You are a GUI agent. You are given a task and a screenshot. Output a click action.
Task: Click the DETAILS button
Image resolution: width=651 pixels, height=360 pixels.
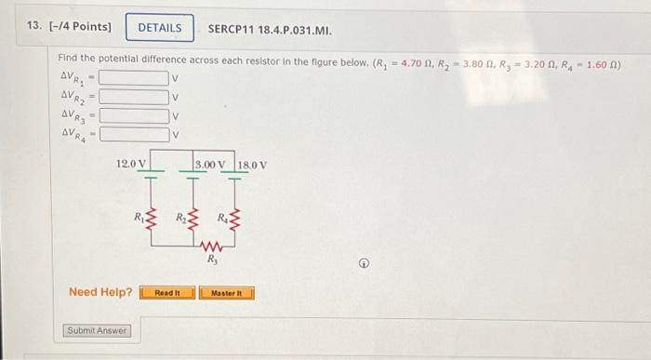click(160, 28)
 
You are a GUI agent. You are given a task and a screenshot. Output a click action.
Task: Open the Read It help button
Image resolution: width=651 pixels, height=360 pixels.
click(167, 293)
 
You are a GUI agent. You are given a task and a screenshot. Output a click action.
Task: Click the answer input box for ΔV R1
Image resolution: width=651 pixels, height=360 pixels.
click(134, 77)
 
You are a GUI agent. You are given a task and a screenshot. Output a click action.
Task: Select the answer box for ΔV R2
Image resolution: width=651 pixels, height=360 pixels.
click(134, 96)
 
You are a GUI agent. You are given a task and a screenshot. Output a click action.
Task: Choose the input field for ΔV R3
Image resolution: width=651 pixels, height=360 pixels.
click(134, 115)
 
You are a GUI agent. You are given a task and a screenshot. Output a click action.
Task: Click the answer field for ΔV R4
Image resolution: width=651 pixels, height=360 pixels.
click(134, 134)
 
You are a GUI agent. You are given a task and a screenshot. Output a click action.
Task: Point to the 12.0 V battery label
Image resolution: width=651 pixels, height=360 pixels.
click(130, 165)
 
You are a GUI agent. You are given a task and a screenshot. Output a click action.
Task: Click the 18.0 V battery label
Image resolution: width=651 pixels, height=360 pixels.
click(252, 165)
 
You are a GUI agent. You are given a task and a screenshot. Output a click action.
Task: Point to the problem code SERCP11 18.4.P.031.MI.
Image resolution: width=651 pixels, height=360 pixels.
click(270, 28)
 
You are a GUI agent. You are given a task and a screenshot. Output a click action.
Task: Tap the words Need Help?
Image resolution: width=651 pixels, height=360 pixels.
click(100, 293)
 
